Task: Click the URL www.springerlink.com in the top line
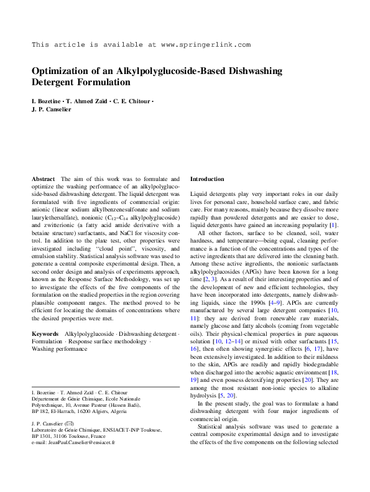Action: [205, 45]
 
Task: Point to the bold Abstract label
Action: [43, 179]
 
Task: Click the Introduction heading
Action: [207, 179]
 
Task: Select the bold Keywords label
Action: [45, 333]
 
